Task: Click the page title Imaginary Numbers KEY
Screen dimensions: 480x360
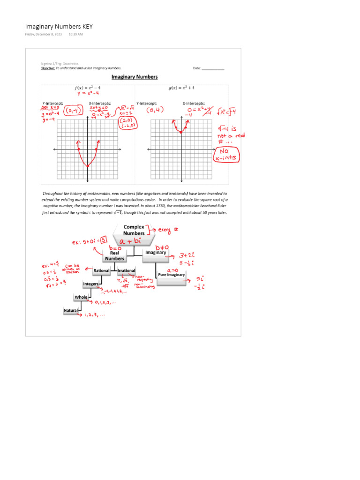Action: point(59,26)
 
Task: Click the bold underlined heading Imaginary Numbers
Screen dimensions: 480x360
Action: point(134,77)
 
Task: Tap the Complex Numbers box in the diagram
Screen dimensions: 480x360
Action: point(134,230)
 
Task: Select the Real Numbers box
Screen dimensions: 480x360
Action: point(115,255)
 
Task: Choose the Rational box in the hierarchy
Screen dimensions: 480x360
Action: point(101,271)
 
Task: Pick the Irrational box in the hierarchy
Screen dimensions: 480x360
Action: point(127,271)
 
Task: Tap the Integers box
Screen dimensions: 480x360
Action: point(91,284)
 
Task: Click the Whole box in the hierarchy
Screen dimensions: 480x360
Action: point(81,297)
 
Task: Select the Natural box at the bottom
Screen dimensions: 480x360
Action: point(70,310)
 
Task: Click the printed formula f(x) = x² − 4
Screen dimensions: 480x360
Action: point(88,88)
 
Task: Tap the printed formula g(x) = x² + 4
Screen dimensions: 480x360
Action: point(182,88)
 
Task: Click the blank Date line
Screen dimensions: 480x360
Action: point(213,68)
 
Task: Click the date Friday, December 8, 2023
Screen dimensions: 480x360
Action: point(43,35)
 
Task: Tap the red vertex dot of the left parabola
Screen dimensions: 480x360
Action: point(88,166)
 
